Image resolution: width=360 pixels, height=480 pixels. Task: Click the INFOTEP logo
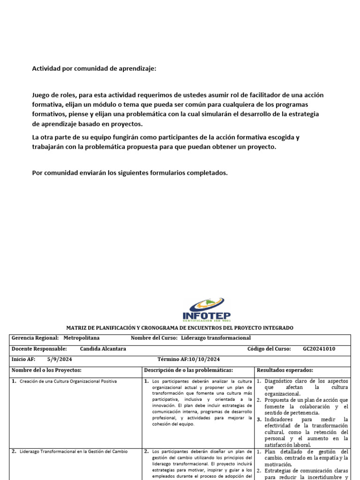click(206, 309)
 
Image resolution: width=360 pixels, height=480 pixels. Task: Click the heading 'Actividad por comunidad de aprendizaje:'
click(94, 68)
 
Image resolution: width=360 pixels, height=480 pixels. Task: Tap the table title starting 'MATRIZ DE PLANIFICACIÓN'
click(180, 328)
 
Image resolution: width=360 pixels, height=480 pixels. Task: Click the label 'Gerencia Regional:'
click(35, 338)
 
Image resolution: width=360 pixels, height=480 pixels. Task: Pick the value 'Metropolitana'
click(81, 338)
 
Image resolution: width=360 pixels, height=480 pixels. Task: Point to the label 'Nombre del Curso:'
click(154, 338)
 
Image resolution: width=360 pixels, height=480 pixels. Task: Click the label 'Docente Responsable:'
click(39, 349)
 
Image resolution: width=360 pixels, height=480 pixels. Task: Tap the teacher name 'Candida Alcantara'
click(103, 349)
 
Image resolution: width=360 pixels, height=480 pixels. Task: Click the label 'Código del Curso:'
click(269, 349)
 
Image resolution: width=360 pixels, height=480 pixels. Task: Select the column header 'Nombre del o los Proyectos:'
click(46, 370)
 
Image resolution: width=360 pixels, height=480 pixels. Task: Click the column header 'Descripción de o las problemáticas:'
click(188, 370)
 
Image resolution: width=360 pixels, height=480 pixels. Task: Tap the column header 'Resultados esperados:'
click(285, 370)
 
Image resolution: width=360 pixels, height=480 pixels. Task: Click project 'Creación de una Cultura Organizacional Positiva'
click(68, 381)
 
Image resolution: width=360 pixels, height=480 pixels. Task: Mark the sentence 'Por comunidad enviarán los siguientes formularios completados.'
click(129, 173)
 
